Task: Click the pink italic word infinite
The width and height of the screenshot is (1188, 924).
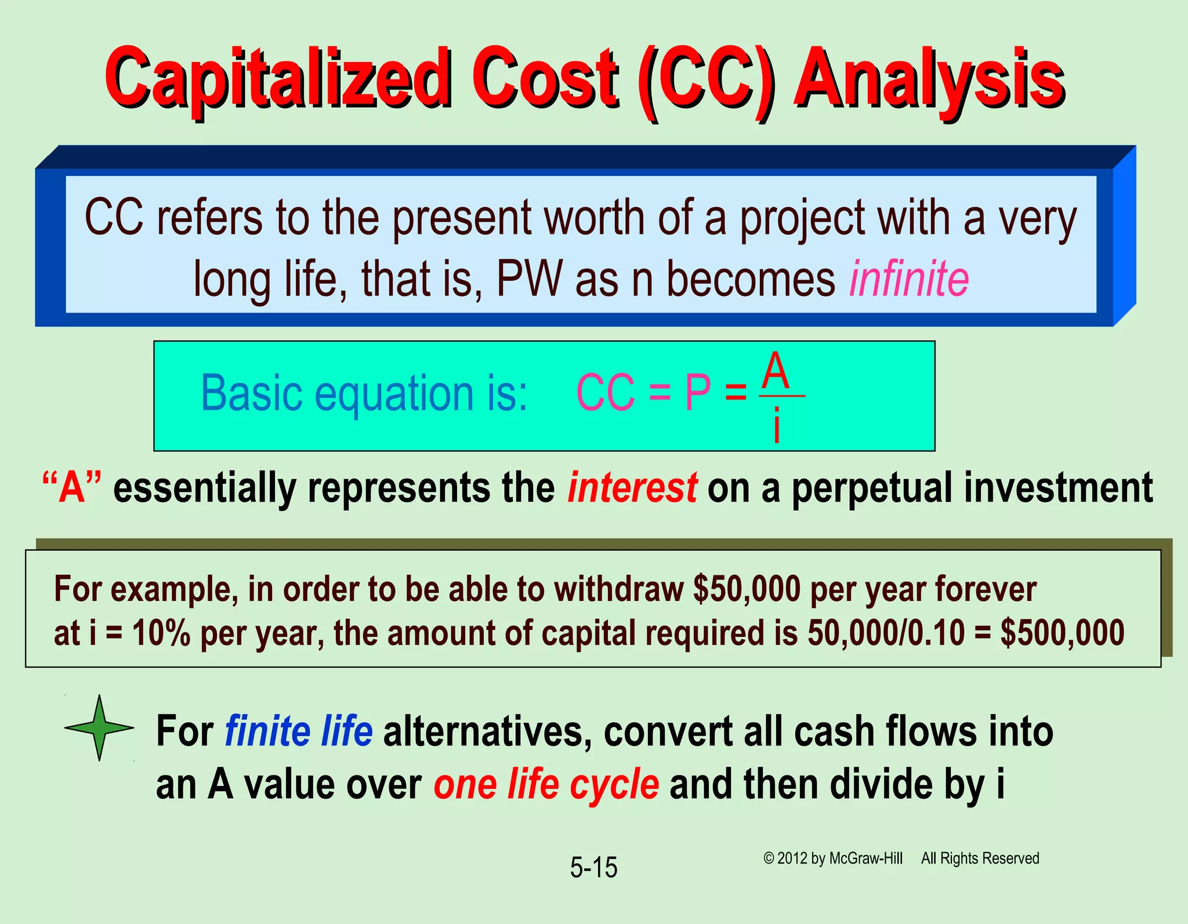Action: point(908,279)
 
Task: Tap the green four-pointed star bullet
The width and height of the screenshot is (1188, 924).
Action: point(99,727)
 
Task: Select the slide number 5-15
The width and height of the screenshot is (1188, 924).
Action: point(593,868)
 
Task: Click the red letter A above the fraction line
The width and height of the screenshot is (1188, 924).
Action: point(776,371)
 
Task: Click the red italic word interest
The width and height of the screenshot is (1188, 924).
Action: point(632,488)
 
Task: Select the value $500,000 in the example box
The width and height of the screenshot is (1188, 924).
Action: point(1062,633)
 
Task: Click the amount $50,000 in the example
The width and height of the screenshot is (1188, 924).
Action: point(747,589)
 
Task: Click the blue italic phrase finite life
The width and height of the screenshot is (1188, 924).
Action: point(299,731)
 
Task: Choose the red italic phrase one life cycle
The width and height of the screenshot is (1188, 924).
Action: point(546,785)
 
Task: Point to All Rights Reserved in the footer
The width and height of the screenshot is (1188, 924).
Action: point(980,858)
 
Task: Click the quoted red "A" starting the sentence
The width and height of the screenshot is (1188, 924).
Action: point(72,488)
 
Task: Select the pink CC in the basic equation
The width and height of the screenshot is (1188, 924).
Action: point(605,393)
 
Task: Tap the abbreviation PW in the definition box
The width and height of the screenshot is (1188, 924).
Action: point(529,279)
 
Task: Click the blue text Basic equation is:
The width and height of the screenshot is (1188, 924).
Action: point(364,393)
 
